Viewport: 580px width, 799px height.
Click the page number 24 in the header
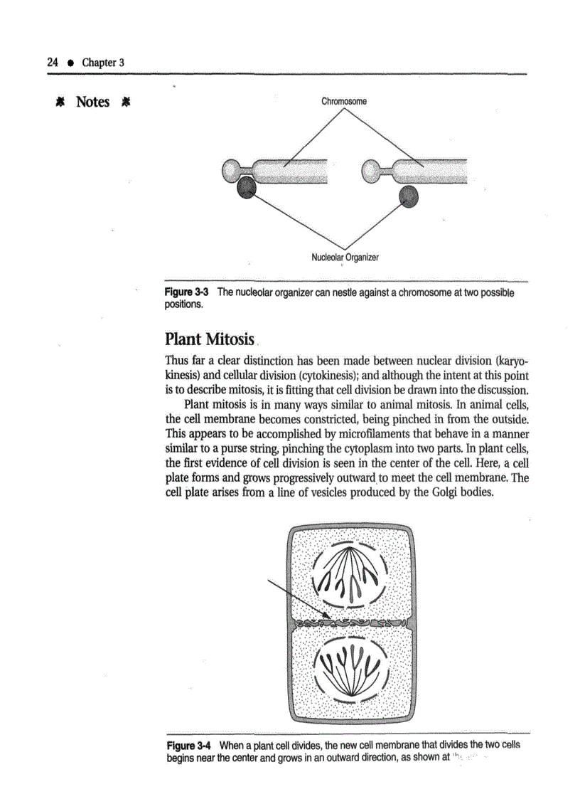coord(52,62)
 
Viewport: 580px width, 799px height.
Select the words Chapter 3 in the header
coord(103,62)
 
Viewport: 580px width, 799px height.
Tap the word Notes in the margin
coord(92,102)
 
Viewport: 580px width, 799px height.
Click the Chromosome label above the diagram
coord(344,101)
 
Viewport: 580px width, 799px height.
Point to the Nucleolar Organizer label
coord(345,258)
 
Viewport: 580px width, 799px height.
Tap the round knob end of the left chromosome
coord(232,170)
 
